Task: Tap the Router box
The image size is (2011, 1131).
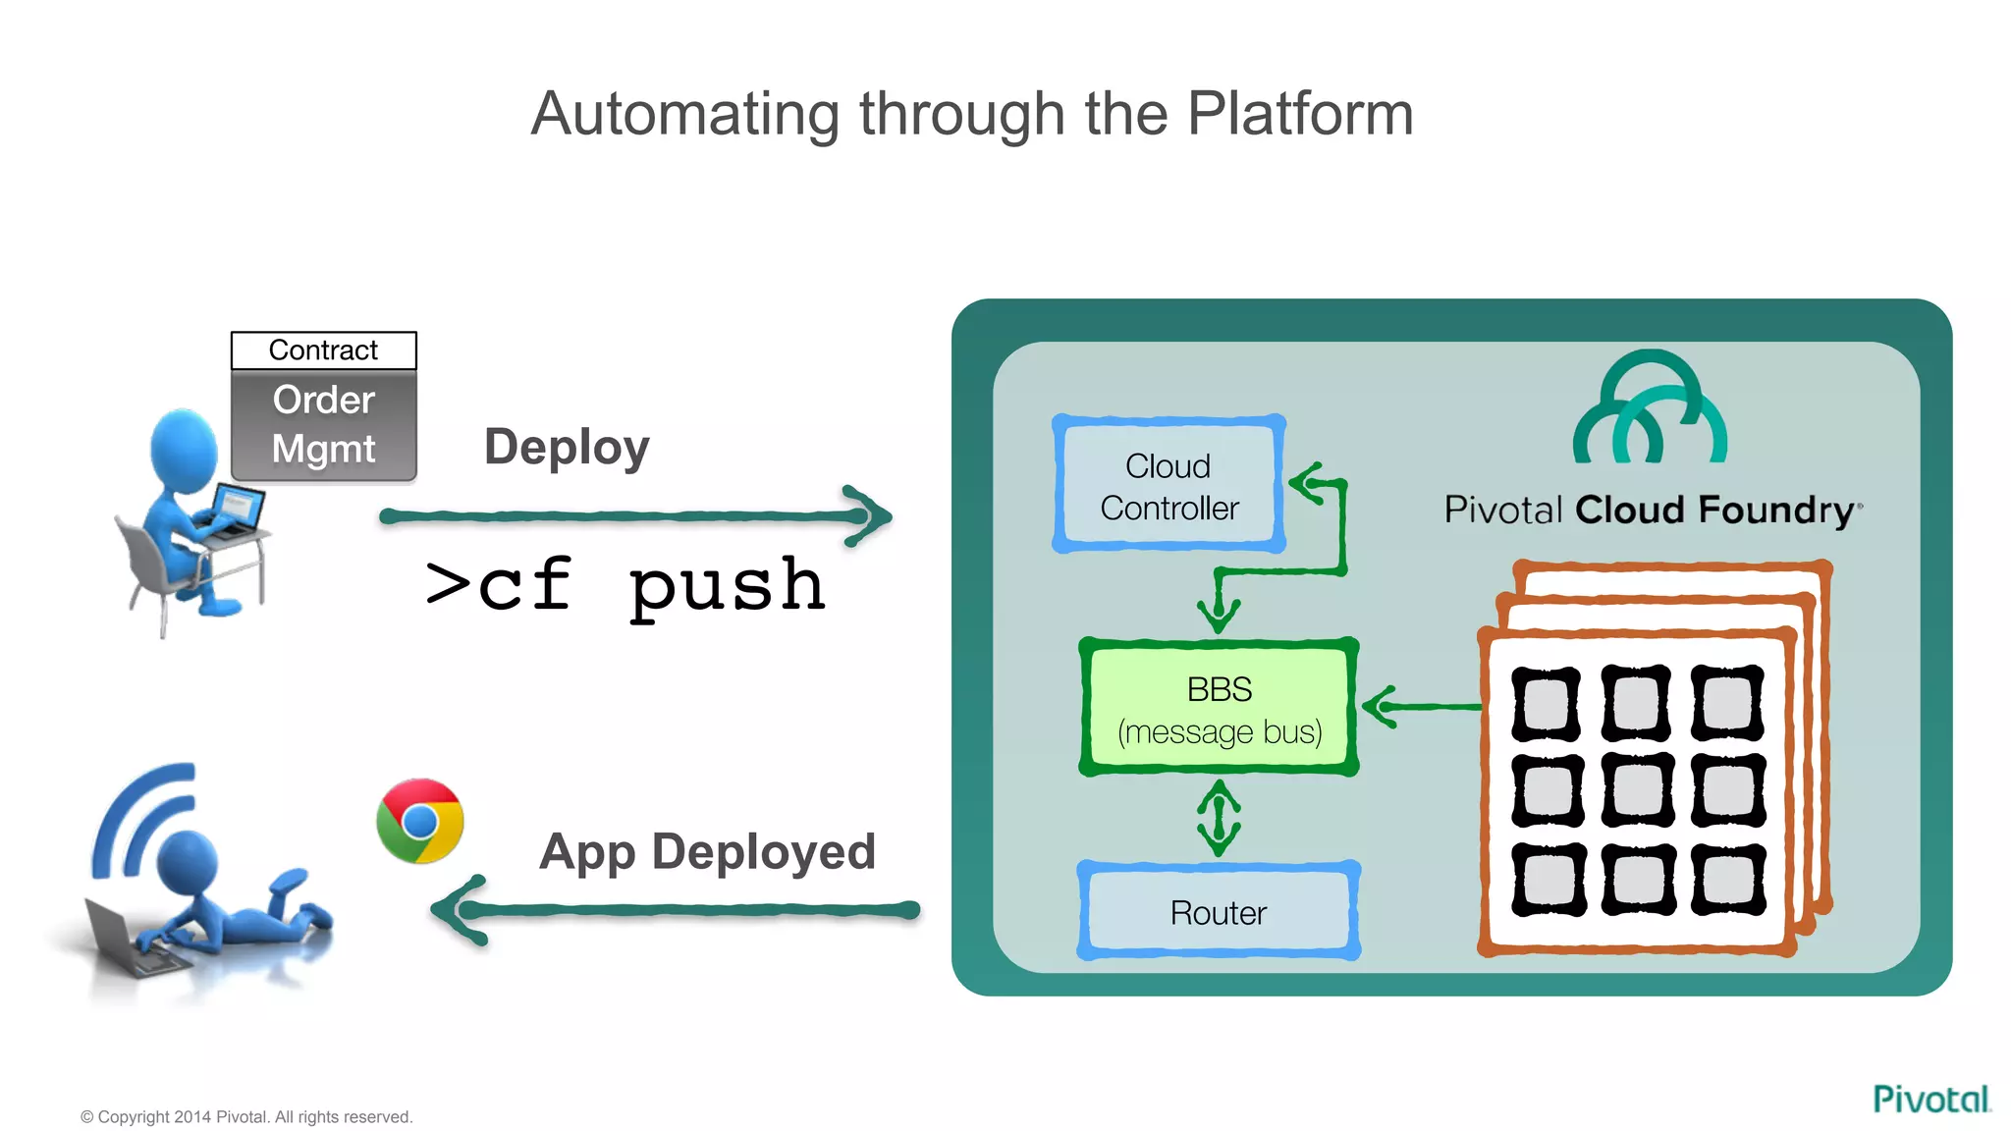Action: click(x=1219, y=912)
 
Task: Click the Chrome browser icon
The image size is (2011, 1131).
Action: click(x=420, y=821)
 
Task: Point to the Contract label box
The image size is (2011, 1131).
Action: click(x=323, y=350)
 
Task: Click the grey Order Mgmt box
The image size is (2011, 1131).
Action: click(x=323, y=425)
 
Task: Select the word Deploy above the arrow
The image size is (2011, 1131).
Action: click(x=567, y=448)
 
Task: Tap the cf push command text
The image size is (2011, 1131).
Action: click(x=625, y=586)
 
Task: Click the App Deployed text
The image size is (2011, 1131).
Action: click(x=707, y=851)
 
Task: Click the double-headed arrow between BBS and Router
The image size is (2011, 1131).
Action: click(x=1219, y=818)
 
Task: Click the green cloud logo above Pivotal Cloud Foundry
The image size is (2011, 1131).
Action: click(x=1650, y=409)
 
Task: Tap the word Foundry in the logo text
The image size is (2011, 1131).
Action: click(x=1777, y=511)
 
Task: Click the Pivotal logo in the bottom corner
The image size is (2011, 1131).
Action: click(x=1930, y=1099)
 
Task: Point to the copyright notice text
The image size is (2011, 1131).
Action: click(x=246, y=1117)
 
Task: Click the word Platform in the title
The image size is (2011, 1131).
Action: click(x=1300, y=114)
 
